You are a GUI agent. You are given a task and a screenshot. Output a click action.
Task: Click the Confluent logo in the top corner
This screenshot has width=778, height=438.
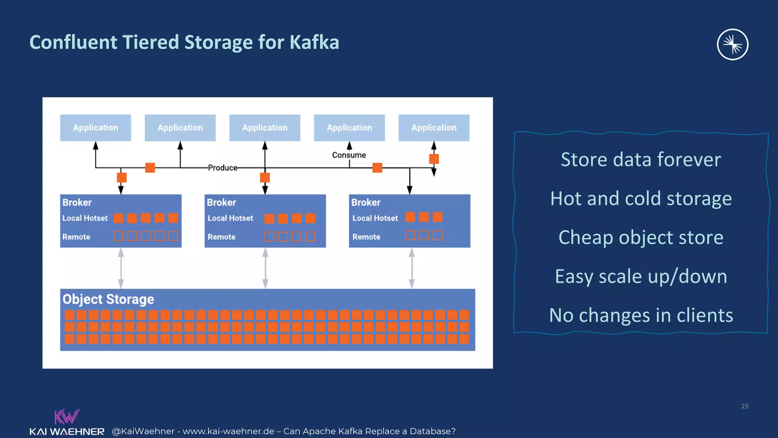pos(732,44)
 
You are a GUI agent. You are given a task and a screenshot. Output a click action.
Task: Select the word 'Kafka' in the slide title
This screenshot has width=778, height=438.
pos(314,42)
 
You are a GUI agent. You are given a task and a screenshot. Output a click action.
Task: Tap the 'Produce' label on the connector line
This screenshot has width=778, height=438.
pos(223,168)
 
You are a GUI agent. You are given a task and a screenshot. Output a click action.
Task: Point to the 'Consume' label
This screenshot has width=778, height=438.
pos(349,155)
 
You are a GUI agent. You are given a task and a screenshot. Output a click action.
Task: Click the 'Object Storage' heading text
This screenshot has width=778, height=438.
pos(108,299)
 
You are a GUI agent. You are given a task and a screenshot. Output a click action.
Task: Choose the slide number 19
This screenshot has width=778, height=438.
pos(745,406)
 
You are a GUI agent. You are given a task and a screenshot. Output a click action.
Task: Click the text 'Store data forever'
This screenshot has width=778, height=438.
pos(641,159)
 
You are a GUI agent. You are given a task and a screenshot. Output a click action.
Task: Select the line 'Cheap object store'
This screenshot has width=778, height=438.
pos(641,237)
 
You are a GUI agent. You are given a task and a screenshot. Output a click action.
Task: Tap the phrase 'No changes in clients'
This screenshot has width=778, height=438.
pos(641,315)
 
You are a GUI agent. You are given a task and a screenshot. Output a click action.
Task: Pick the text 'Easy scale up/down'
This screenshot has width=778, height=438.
pos(641,276)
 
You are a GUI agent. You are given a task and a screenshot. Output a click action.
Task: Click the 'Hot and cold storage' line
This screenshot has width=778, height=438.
pos(641,198)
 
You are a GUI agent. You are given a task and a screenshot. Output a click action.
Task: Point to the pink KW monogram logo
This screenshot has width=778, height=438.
pos(66,417)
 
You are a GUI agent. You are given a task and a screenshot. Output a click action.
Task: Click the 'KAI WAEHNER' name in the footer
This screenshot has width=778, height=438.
pos(67,432)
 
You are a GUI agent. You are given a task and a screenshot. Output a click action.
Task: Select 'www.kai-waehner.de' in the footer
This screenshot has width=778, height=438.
pos(228,431)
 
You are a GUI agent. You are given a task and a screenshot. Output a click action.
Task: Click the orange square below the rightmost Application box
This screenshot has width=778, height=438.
pos(434,159)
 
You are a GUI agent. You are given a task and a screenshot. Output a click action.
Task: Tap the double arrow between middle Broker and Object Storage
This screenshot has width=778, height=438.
pos(265,268)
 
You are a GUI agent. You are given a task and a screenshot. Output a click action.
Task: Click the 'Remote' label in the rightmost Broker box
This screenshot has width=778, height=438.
pos(366,237)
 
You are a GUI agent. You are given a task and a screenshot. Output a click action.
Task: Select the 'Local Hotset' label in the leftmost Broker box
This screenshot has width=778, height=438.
pos(85,218)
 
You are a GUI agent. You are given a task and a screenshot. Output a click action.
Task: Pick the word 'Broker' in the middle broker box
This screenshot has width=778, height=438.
pos(221,202)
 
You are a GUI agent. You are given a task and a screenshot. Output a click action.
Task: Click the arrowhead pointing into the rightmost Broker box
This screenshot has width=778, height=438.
pos(410,190)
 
